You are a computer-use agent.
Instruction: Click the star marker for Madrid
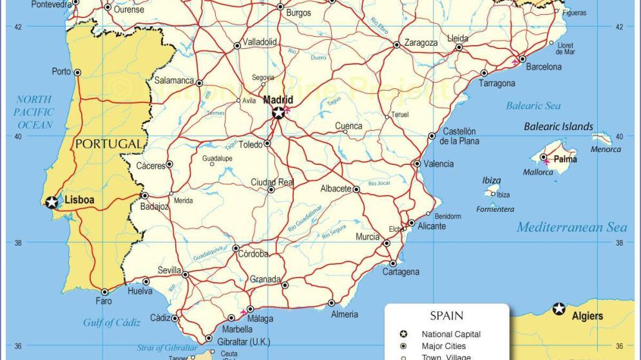pos(278,113)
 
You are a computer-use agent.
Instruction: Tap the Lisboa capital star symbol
pos(52,202)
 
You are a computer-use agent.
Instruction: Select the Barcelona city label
pos(544,67)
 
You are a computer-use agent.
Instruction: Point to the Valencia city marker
pos(417,164)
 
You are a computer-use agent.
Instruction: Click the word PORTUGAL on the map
pos(108,144)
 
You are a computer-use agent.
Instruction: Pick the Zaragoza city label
pos(421,43)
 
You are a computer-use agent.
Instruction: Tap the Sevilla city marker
pos(186,275)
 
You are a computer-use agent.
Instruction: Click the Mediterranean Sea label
pos(571,227)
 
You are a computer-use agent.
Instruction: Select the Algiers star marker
pos(559,309)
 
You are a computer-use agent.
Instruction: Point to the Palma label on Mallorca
pos(566,159)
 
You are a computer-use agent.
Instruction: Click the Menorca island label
pos(606,149)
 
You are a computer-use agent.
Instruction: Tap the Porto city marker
pos(78,72)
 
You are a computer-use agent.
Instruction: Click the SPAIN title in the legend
pos(446,316)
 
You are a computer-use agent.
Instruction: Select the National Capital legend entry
pos(451,334)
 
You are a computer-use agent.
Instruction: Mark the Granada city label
pos(265,279)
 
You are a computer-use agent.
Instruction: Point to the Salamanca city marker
pos(199,83)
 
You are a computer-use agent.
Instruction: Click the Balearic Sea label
pos(533,106)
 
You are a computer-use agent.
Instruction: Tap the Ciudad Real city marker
pos(271,190)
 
